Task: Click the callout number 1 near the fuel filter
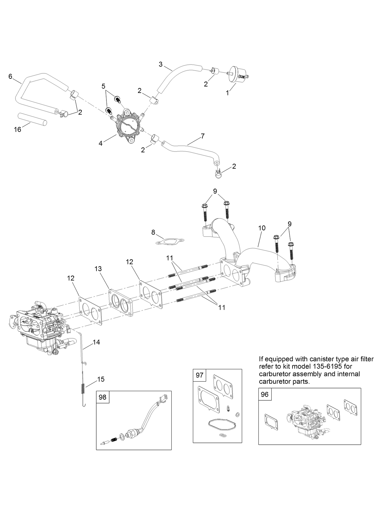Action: tap(227, 93)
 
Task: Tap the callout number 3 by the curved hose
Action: tap(161, 64)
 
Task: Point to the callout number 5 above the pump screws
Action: tap(104, 86)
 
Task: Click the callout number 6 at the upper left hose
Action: tap(10, 76)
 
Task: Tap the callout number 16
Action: tap(18, 130)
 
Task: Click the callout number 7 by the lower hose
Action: tap(202, 136)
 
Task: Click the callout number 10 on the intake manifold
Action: tap(262, 228)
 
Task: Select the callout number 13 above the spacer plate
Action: tap(98, 269)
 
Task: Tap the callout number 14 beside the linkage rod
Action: tap(96, 342)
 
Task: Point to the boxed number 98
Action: tap(102, 397)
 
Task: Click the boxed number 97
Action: tap(199, 375)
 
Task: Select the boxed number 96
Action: tap(265, 394)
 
